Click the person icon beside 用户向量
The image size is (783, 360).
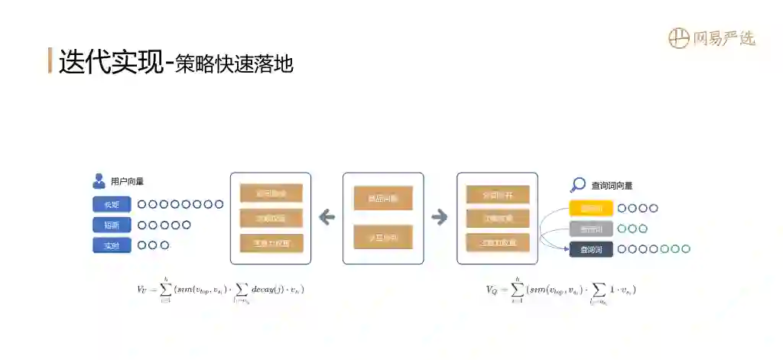(99, 181)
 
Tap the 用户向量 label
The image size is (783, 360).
(127, 182)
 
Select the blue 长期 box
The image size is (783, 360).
(112, 204)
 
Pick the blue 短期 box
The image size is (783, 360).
(112, 225)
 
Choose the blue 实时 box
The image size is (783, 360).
(112, 245)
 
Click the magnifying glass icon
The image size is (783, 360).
(578, 185)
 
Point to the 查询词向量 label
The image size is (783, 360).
(612, 185)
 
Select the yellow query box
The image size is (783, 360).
(591, 208)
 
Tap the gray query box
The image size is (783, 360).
(591, 229)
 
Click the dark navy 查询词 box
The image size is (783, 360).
(591, 249)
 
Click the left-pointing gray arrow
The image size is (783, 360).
(327, 218)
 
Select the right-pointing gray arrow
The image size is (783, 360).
(440, 218)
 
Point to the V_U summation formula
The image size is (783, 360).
(221, 290)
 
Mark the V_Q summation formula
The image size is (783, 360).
(561, 290)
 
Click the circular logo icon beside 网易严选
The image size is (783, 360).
(678, 37)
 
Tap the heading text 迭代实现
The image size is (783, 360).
(111, 61)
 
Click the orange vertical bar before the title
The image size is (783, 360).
(50, 60)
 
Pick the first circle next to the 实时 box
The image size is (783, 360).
(142, 245)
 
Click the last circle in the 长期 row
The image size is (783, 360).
(219, 204)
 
